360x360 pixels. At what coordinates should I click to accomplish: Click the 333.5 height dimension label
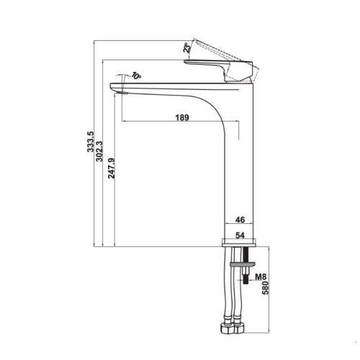point(91,142)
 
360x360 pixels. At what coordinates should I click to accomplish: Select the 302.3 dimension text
point(99,151)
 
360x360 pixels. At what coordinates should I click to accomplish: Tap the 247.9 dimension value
point(112,168)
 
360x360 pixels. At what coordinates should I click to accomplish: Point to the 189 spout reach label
point(182,117)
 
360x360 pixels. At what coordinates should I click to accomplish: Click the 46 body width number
point(240,220)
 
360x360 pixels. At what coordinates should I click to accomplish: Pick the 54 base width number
point(240,235)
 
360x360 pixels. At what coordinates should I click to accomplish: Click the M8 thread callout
point(261,277)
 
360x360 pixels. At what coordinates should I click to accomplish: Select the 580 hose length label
point(266,288)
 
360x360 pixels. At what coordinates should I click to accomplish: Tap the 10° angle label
point(136,76)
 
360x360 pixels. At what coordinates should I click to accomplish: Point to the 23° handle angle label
point(186,48)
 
